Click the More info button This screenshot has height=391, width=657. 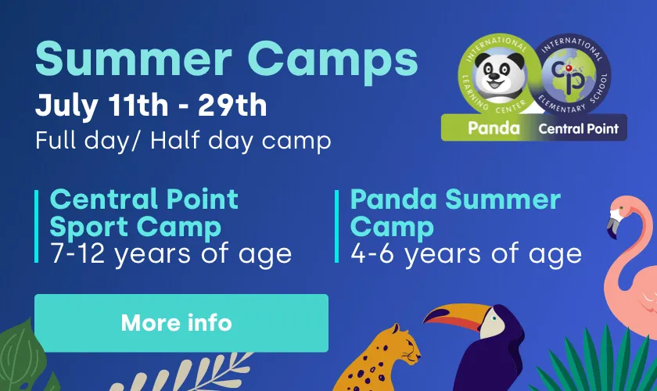[x=181, y=323]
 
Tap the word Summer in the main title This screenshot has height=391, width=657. [x=134, y=59]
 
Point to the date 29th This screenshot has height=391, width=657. [x=232, y=105]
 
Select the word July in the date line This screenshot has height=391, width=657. [x=67, y=107]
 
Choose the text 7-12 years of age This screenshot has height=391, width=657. [x=171, y=254]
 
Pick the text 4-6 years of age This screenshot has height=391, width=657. [x=466, y=254]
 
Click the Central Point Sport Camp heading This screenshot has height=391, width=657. [x=144, y=213]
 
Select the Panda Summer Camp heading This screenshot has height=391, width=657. [x=455, y=213]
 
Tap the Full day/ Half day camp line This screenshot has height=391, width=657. [x=183, y=141]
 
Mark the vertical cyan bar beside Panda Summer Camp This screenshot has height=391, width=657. [x=336, y=226]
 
